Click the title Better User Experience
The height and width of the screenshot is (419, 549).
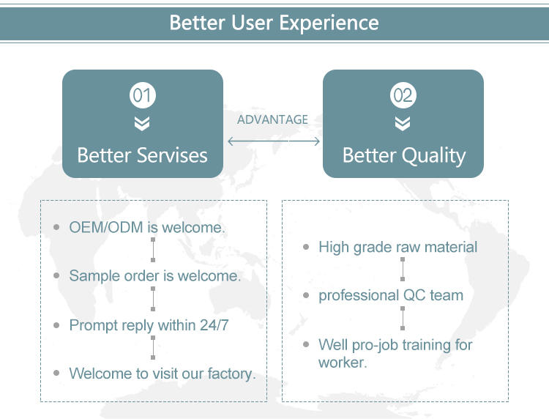[274, 22]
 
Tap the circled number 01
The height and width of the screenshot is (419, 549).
[142, 95]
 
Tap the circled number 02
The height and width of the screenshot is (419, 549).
[403, 95]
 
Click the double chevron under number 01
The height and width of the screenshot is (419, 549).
[142, 123]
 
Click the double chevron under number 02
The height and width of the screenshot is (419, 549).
[403, 123]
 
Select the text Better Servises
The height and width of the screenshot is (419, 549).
[142, 155]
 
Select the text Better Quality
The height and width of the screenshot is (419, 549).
[403, 155]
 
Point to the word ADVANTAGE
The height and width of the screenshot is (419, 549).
[272, 119]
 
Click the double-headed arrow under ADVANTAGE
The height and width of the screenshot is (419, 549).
[274, 141]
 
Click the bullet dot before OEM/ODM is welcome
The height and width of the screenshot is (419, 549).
[56, 227]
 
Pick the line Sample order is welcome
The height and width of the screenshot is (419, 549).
[154, 276]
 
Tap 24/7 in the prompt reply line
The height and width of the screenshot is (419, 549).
[214, 325]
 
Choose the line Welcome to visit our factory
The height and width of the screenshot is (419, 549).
[163, 374]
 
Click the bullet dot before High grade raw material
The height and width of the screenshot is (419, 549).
[306, 248]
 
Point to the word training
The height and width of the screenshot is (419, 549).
[427, 344]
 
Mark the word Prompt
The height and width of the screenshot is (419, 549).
[93, 325]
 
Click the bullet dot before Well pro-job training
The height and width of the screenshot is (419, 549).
[306, 344]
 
